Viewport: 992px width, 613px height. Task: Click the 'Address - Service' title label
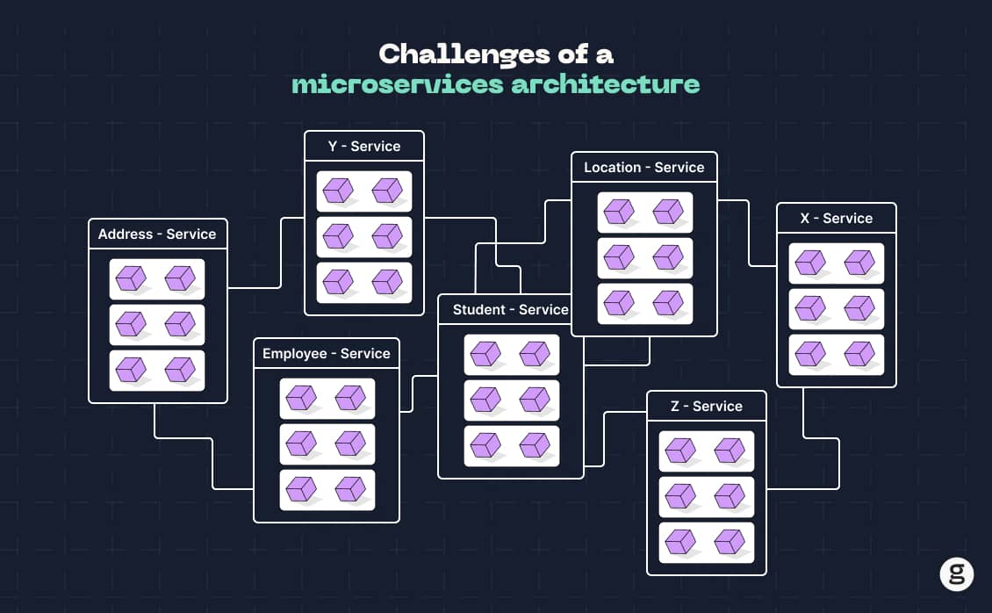(x=157, y=234)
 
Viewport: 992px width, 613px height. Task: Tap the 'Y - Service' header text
(x=363, y=147)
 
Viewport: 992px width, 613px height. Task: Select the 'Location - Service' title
(x=643, y=168)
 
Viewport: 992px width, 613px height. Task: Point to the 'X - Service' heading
(x=836, y=219)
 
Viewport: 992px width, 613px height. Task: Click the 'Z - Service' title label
(x=706, y=407)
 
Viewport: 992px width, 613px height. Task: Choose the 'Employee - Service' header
(x=326, y=354)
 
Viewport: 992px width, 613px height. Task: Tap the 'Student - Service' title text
(x=510, y=310)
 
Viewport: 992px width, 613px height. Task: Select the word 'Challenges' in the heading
(x=446, y=54)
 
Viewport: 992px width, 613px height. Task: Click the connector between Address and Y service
(x=280, y=255)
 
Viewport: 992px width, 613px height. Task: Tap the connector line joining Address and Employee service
(x=212, y=461)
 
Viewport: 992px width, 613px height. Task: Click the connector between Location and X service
(x=748, y=233)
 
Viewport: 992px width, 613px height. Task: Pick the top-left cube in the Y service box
(x=337, y=191)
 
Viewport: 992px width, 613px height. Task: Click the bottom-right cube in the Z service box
(x=730, y=542)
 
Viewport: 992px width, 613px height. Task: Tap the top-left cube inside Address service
(x=131, y=278)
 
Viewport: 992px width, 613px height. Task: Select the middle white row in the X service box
(x=836, y=308)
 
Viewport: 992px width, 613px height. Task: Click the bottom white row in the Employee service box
(x=327, y=489)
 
